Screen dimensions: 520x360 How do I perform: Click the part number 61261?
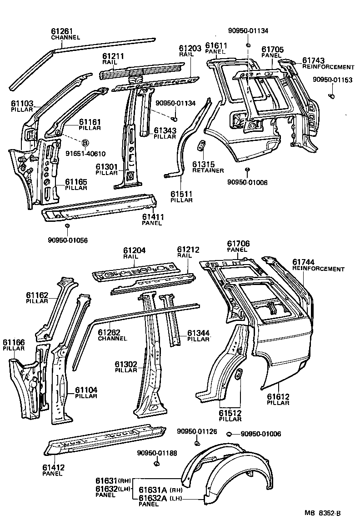pos(62,31)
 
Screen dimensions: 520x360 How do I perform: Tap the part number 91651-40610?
pos(85,153)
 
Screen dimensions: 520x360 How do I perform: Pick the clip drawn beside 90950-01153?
pos(331,96)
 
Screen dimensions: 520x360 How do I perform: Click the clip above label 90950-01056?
pos(67,226)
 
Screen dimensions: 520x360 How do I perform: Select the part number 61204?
pos(133,250)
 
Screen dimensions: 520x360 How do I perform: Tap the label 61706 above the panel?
pos(238,244)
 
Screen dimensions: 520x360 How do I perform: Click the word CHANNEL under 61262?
pos(112,339)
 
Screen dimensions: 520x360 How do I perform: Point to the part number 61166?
pos(14,342)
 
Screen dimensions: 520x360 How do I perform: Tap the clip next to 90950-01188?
pos(157,464)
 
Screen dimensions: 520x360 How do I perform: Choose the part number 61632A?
pos(153,498)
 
